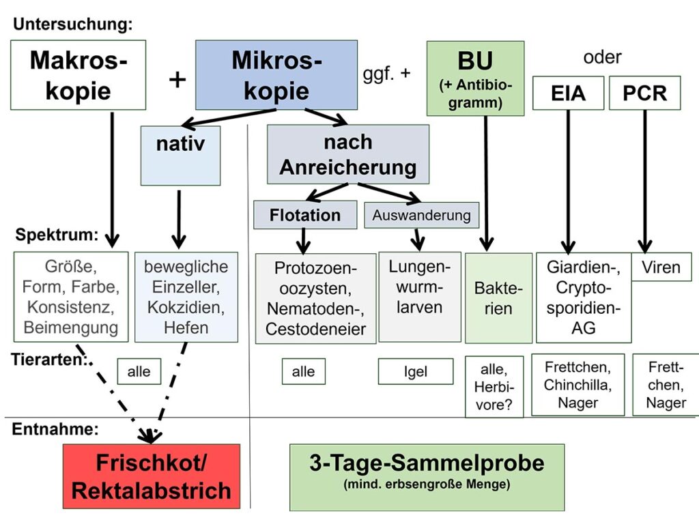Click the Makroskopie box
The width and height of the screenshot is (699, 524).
[79, 75]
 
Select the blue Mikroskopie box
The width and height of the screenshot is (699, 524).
[276, 75]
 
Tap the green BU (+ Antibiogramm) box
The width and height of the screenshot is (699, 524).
[475, 78]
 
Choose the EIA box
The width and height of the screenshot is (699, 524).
[569, 93]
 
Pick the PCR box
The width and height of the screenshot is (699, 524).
[644, 93]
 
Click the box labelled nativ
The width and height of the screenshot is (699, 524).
[180, 155]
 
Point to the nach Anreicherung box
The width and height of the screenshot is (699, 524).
[348, 154]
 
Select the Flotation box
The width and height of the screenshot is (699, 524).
[305, 215]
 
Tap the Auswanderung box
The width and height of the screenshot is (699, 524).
[421, 215]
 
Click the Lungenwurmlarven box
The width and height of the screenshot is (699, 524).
[420, 297]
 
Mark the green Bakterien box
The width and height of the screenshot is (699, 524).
[498, 298]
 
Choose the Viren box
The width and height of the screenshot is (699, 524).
[661, 267]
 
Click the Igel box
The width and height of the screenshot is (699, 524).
[415, 372]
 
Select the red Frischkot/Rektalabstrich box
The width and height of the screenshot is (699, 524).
[152, 476]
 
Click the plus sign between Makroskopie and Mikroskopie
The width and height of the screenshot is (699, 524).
[177, 80]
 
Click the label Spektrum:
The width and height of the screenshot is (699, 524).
[57, 236]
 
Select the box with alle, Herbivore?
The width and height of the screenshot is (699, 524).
[494, 387]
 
